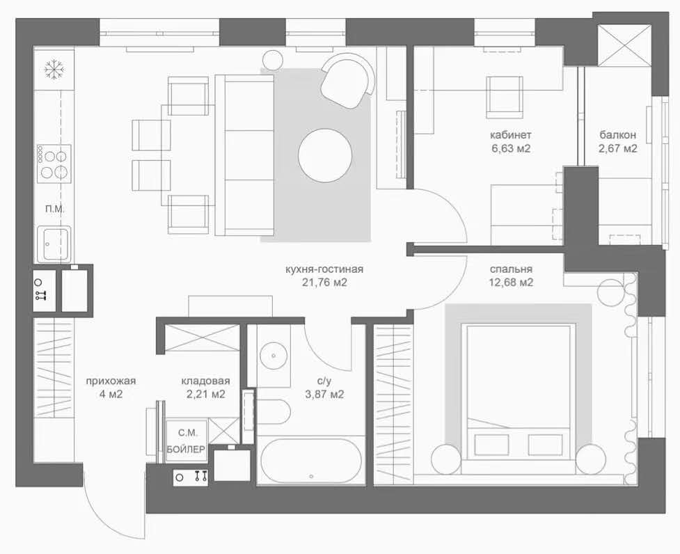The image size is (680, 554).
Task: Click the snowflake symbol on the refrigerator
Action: [54, 70]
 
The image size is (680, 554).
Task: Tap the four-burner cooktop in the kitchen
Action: [54, 164]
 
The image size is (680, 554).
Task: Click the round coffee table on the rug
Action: [325, 155]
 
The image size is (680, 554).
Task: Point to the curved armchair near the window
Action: [347, 81]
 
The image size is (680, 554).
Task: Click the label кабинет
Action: [510, 135]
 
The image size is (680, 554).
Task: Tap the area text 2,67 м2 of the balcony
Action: [618, 149]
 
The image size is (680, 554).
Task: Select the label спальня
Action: [512, 269]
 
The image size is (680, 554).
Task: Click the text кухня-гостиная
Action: [324, 269]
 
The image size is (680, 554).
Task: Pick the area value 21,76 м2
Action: [324, 283]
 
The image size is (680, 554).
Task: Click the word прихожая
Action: [111, 381]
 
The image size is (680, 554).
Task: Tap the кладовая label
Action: [205, 381]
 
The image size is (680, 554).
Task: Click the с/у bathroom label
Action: [324, 381]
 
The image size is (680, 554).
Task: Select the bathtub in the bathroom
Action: [311, 460]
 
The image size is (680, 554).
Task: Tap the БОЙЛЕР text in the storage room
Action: [186, 450]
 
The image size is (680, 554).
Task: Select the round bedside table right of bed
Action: [591, 459]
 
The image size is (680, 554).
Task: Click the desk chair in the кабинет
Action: [504, 97]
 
